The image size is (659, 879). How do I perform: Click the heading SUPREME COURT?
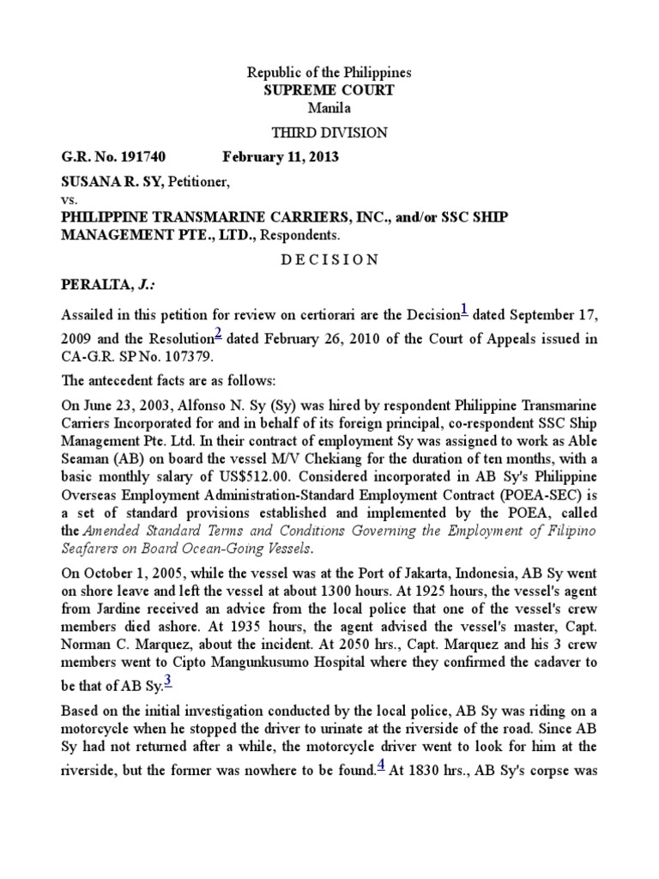coord(329,90)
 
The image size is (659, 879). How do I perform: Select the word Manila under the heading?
coord(329,107)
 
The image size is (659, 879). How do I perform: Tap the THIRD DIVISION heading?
coord(329,132)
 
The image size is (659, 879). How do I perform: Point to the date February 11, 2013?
coord(281,157)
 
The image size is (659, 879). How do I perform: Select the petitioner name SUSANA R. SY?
coord(112,182)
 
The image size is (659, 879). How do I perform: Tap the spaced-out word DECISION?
coord(329,260)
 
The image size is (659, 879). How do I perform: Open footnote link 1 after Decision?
coord(464,309)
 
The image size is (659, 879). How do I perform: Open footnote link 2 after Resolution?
coord(219,334)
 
